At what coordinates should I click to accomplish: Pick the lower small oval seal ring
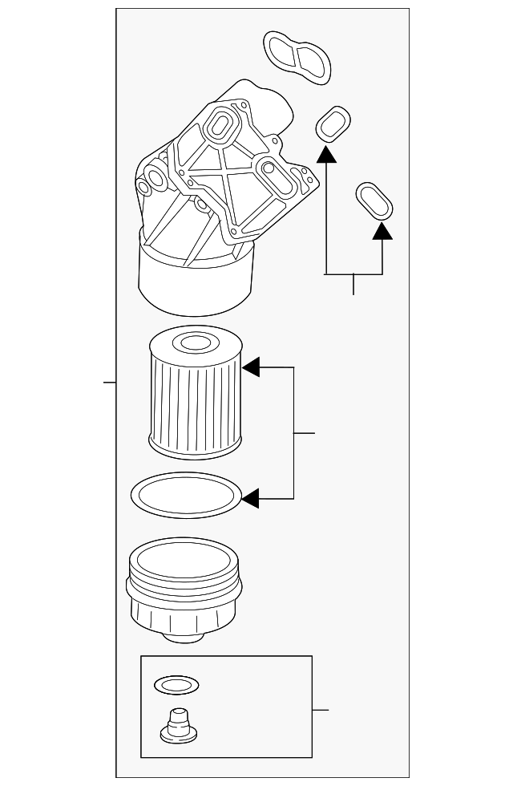pos(374,201)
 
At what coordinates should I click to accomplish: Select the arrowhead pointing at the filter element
pos(252,367)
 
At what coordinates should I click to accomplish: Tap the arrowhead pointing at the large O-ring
pos(251,499)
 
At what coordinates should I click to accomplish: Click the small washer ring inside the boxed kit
pos(176,685)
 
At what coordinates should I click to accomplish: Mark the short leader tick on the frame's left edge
pos(110,383)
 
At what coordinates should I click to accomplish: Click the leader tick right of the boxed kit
pos(321,710)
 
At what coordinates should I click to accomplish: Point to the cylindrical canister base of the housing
pos(196,281)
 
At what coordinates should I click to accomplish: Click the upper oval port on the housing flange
pos(219,124)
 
